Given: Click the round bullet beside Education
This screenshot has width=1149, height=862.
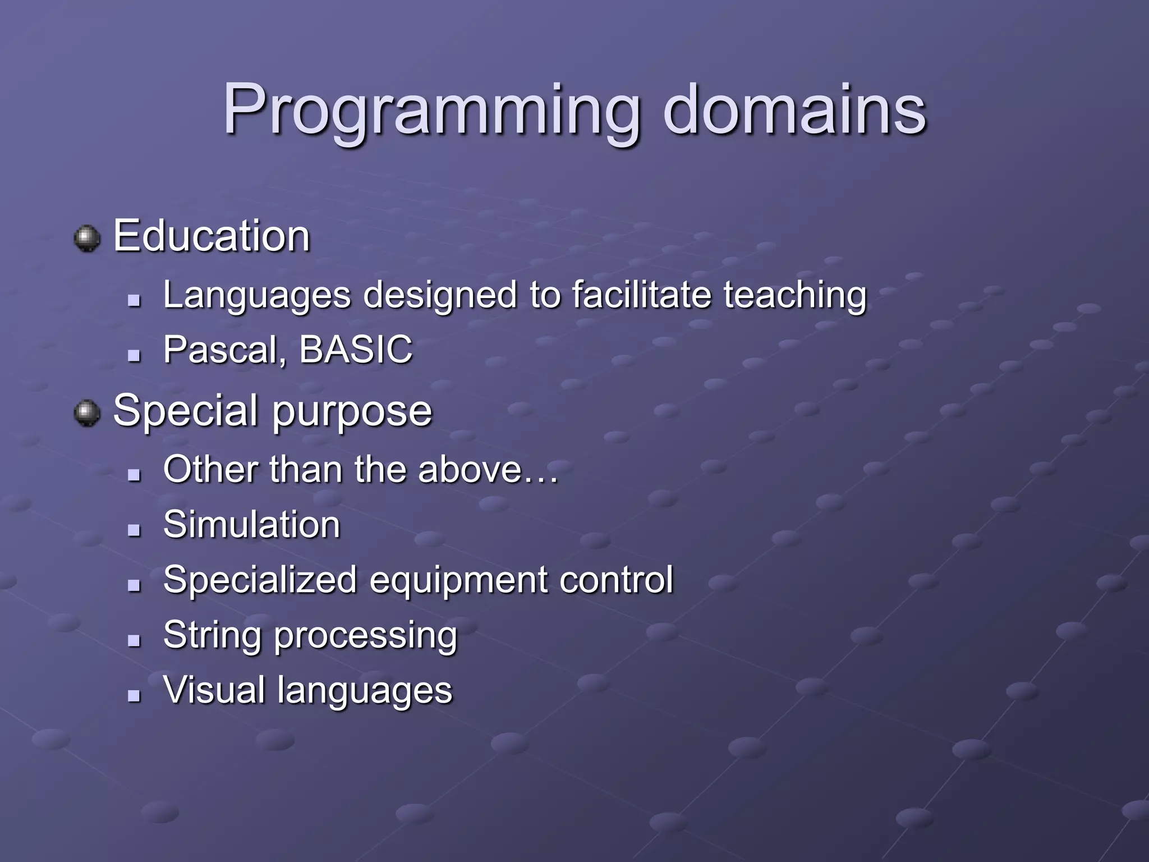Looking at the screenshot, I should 87,239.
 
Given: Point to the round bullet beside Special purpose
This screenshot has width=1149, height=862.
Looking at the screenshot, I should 87,414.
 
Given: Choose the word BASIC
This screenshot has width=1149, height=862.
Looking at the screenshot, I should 356,349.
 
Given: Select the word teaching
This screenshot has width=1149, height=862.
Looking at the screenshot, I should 795,296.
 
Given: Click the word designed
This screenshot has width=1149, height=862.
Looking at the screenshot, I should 440,296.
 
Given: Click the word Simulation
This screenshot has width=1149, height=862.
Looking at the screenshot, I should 252,525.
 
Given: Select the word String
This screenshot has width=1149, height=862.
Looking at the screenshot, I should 212,636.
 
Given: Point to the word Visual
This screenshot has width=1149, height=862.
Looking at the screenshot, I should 214,690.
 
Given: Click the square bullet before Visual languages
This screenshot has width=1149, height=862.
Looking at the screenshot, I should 134,696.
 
